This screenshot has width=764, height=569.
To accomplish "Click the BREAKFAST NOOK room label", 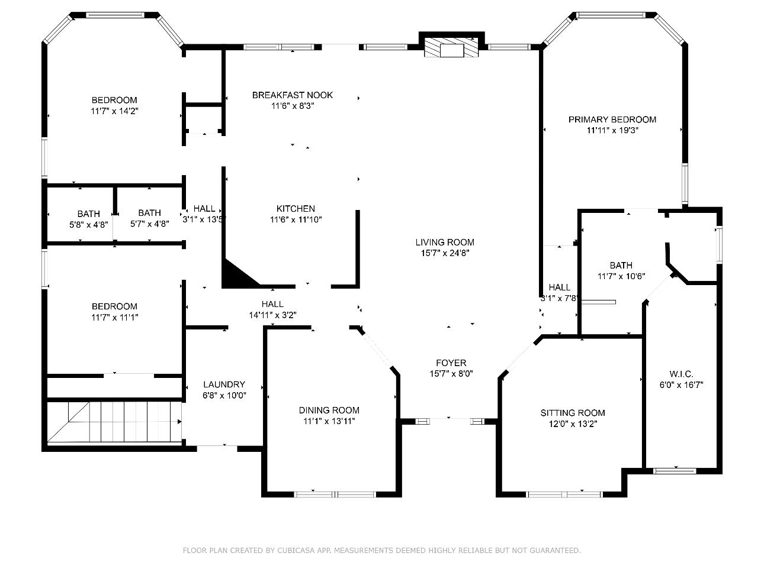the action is click(293, 95).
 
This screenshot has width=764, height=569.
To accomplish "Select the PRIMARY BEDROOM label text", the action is click(612, 119).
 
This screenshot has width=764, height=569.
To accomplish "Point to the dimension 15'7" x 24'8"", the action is click(445, 253).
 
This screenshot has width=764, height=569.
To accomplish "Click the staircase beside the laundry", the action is click(114, 422).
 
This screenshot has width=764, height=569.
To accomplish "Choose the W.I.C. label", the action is click(681, 374).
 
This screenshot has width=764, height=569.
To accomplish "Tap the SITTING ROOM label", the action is click(573, 413).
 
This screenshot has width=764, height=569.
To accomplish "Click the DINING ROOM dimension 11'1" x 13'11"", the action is click(329, 421).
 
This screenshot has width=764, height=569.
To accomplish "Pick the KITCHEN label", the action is click(296, 209).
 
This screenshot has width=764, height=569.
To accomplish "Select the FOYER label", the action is click(451, 363).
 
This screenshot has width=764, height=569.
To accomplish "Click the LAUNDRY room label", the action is click(224, 384).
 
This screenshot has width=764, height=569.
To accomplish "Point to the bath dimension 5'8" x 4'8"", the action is click(88, 225).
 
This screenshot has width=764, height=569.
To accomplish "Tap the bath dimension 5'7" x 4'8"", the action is click(150, 224).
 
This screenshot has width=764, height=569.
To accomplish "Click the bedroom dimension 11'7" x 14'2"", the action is click(114, 111).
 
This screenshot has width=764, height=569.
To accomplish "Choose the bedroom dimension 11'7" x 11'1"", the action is click(114, 318).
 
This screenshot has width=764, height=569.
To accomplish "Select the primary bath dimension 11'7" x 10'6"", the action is click(621, 276).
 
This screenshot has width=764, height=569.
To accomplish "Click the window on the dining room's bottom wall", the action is click(335, 494).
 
